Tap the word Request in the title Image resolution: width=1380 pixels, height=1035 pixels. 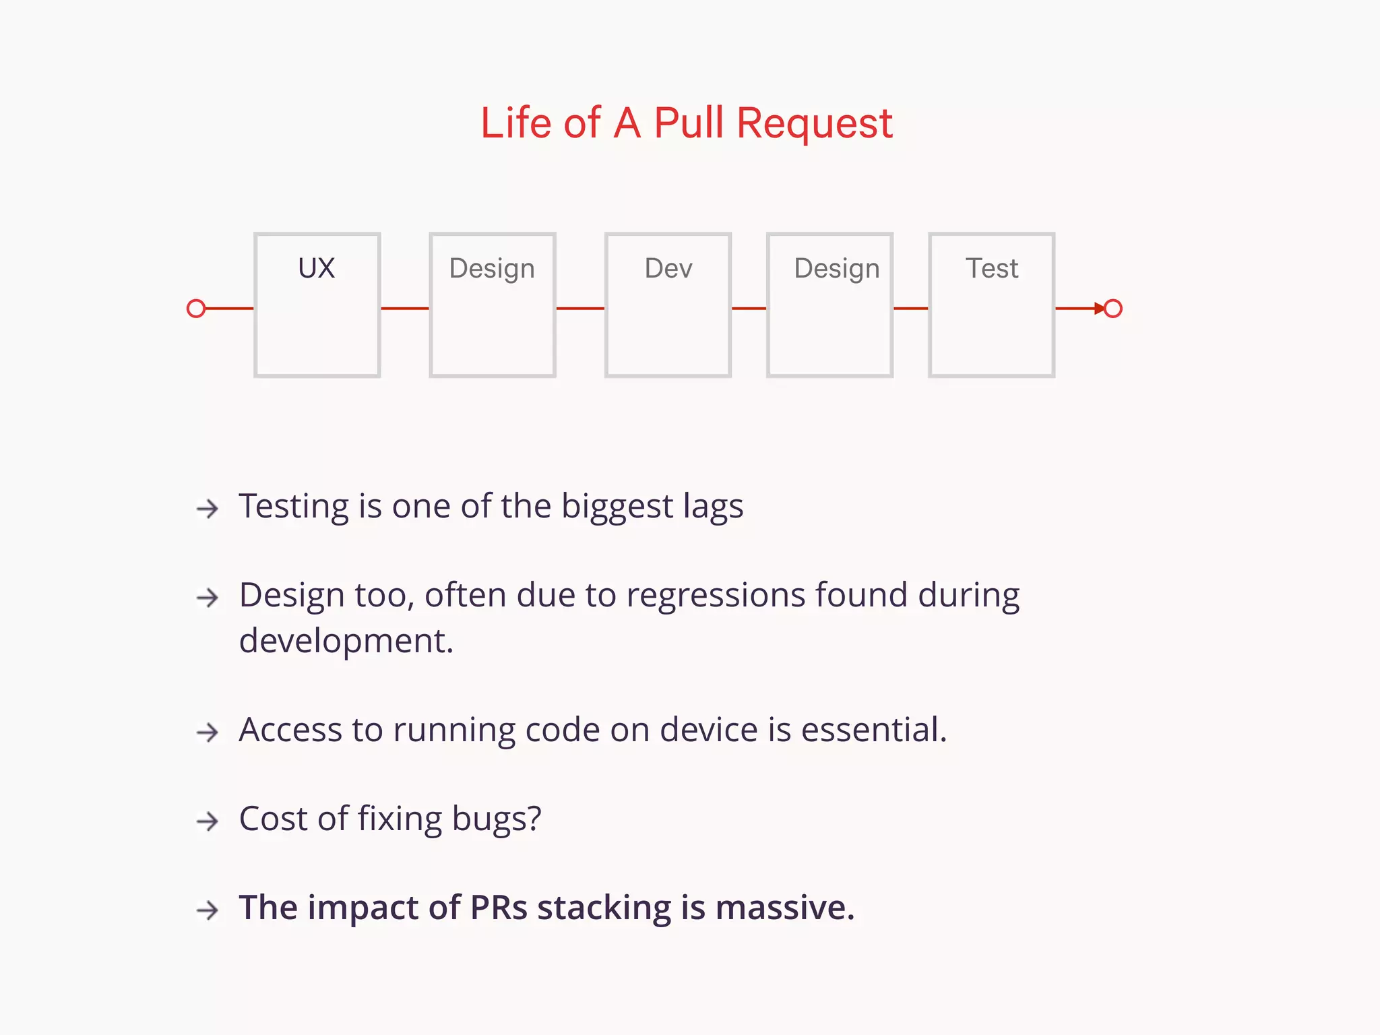coord(814,125)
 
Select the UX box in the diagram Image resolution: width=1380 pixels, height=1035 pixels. coord(317,305)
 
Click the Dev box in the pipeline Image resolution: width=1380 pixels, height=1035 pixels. coord(668,305)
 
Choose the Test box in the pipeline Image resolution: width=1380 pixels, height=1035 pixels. coord(991,305)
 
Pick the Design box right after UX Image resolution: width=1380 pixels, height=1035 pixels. coord(492,305)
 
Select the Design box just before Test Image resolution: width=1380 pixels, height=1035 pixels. coord(829,305)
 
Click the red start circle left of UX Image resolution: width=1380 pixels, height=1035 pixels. coord(196,309)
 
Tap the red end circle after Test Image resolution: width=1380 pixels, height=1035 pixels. coord(1113,309)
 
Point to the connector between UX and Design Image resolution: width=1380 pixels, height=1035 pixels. coord(405,309)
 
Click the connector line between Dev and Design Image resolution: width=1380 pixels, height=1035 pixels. coord(749,309)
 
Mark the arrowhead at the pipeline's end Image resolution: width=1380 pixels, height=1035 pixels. coord(1099,309)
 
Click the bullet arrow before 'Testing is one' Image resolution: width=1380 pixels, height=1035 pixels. coord(208,508)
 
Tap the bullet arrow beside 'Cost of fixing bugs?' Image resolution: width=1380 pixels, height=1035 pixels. coord(208,821)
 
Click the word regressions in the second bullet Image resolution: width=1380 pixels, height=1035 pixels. coord(715,596)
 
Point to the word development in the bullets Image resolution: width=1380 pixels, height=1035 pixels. coord(346,641)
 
